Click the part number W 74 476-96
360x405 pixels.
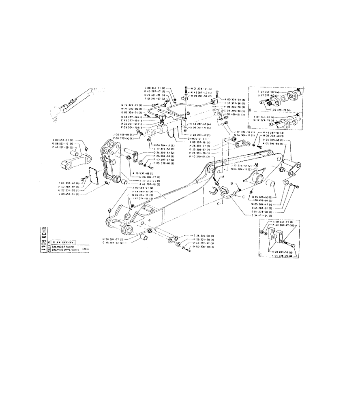pos(131,109)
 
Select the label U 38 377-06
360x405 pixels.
pos(131,116)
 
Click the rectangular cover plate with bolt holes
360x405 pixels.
pos(92,177)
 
